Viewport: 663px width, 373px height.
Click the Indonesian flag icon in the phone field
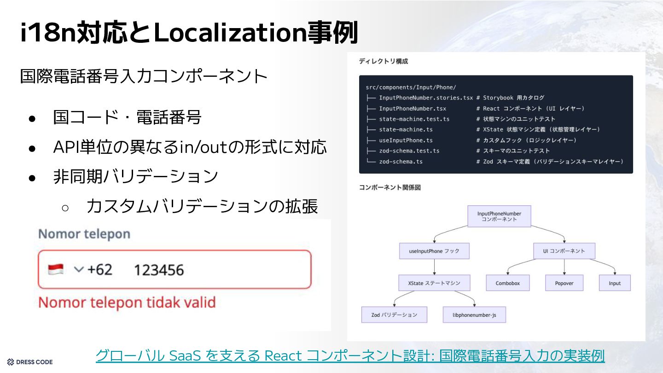click(x=56, y=269)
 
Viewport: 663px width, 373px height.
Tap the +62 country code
click(x=99, y=269)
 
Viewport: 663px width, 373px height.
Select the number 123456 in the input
click(x=158, y=270)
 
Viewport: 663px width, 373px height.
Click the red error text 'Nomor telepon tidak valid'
click(x=127, y=303)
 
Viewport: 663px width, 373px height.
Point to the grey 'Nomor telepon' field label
click(x=84, y=234)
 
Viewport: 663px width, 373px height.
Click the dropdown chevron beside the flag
click(x=79, y=269)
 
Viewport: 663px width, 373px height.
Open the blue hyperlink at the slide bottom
click(x=350, y=356)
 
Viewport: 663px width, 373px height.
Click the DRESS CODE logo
click(x=30, y=362)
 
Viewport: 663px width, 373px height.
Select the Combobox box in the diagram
click(x=508, y=283)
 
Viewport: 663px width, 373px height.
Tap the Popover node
click(x=564, y=283)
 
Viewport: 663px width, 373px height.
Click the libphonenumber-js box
click(x=474, y=315)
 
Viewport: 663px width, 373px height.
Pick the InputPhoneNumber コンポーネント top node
click(x=499, y=216)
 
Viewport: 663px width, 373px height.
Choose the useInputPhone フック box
click(x=434, y=251)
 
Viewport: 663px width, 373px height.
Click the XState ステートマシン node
click(x=434, y=283)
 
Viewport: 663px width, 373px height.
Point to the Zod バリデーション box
click(x=394, y=315)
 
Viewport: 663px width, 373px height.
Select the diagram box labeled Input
click(x=615, y=283)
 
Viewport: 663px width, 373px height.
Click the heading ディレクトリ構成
click(x=383, y=61)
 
